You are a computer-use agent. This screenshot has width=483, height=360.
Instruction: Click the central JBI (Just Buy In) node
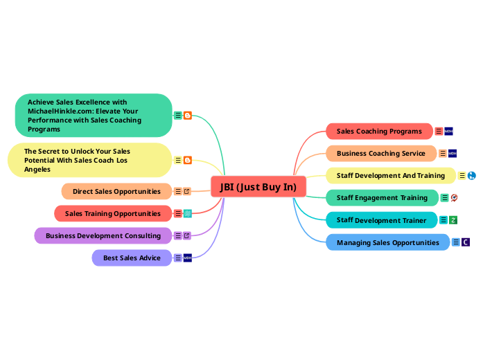click(258, 187)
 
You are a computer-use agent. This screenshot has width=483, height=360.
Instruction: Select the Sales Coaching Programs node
click(379, 131)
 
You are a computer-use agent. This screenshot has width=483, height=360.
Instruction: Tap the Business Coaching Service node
click(381, 153)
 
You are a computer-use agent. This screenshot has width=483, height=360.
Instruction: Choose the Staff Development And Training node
click(391, 175)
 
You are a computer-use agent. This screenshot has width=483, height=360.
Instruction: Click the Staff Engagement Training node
click(382, 197)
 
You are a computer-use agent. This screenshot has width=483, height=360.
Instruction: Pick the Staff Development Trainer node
click(381, 220)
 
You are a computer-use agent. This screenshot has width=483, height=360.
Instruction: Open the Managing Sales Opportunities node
click(387, 242)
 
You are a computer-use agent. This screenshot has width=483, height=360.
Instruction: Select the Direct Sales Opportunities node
click(116, 191)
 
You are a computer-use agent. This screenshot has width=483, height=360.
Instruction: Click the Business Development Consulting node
click(103, 235)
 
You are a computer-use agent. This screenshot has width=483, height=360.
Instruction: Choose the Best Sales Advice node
click(132, 258)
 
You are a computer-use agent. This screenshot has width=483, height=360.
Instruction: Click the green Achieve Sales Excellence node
click(93, 115)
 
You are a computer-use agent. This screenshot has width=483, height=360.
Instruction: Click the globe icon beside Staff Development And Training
click(472, 176)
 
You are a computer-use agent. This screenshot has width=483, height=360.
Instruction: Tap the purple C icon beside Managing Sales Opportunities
click(466, 242)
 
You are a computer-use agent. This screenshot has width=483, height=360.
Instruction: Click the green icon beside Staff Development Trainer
click(453, 220)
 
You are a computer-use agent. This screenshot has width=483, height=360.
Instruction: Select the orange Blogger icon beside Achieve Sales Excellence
click(188, 116)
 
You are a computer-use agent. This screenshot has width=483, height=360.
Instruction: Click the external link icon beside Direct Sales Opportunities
click(187, 191)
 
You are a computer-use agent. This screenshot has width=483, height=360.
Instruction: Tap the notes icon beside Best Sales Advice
click(178, 258)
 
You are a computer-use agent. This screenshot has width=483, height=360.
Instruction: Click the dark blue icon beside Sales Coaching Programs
click(448, 131)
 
